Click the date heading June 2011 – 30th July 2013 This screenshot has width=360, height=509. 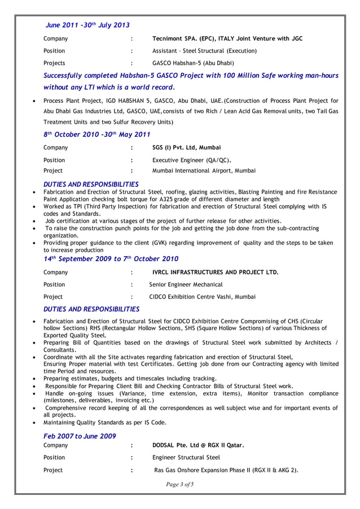click(x=87, y=25)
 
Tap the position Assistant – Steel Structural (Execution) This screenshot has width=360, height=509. click(x=205, y=51)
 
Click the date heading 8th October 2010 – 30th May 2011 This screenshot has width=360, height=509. click(x=96, y=134)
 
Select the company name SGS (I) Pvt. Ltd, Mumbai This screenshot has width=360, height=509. click(x=187, y=148)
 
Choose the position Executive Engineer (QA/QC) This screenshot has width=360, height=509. click(x=192, y=160)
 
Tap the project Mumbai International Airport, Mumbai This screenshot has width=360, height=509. click(x=204, y=170)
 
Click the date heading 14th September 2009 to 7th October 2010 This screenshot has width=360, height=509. click(x=111, y=259)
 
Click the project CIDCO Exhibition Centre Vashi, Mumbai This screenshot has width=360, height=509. click(x=202, y=296)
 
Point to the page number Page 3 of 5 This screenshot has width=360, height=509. click(x=180, y=484)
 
